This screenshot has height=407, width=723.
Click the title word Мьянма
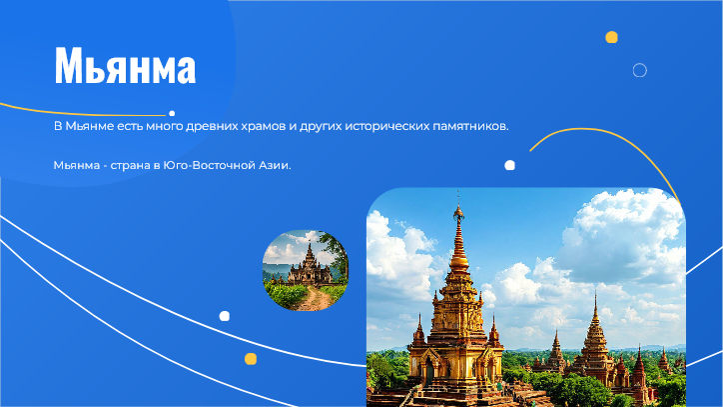point(125,65)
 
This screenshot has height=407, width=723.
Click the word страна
point(130,165)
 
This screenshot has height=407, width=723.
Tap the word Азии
point(275,165)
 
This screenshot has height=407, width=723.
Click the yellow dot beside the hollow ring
point(611,37)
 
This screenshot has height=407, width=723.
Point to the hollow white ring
point(639,63)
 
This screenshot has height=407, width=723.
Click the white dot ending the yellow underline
point(172,113)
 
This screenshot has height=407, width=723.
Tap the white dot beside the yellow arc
point(509,165)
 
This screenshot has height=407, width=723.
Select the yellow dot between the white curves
point(251,359)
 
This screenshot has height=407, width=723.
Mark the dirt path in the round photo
point(316,298)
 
